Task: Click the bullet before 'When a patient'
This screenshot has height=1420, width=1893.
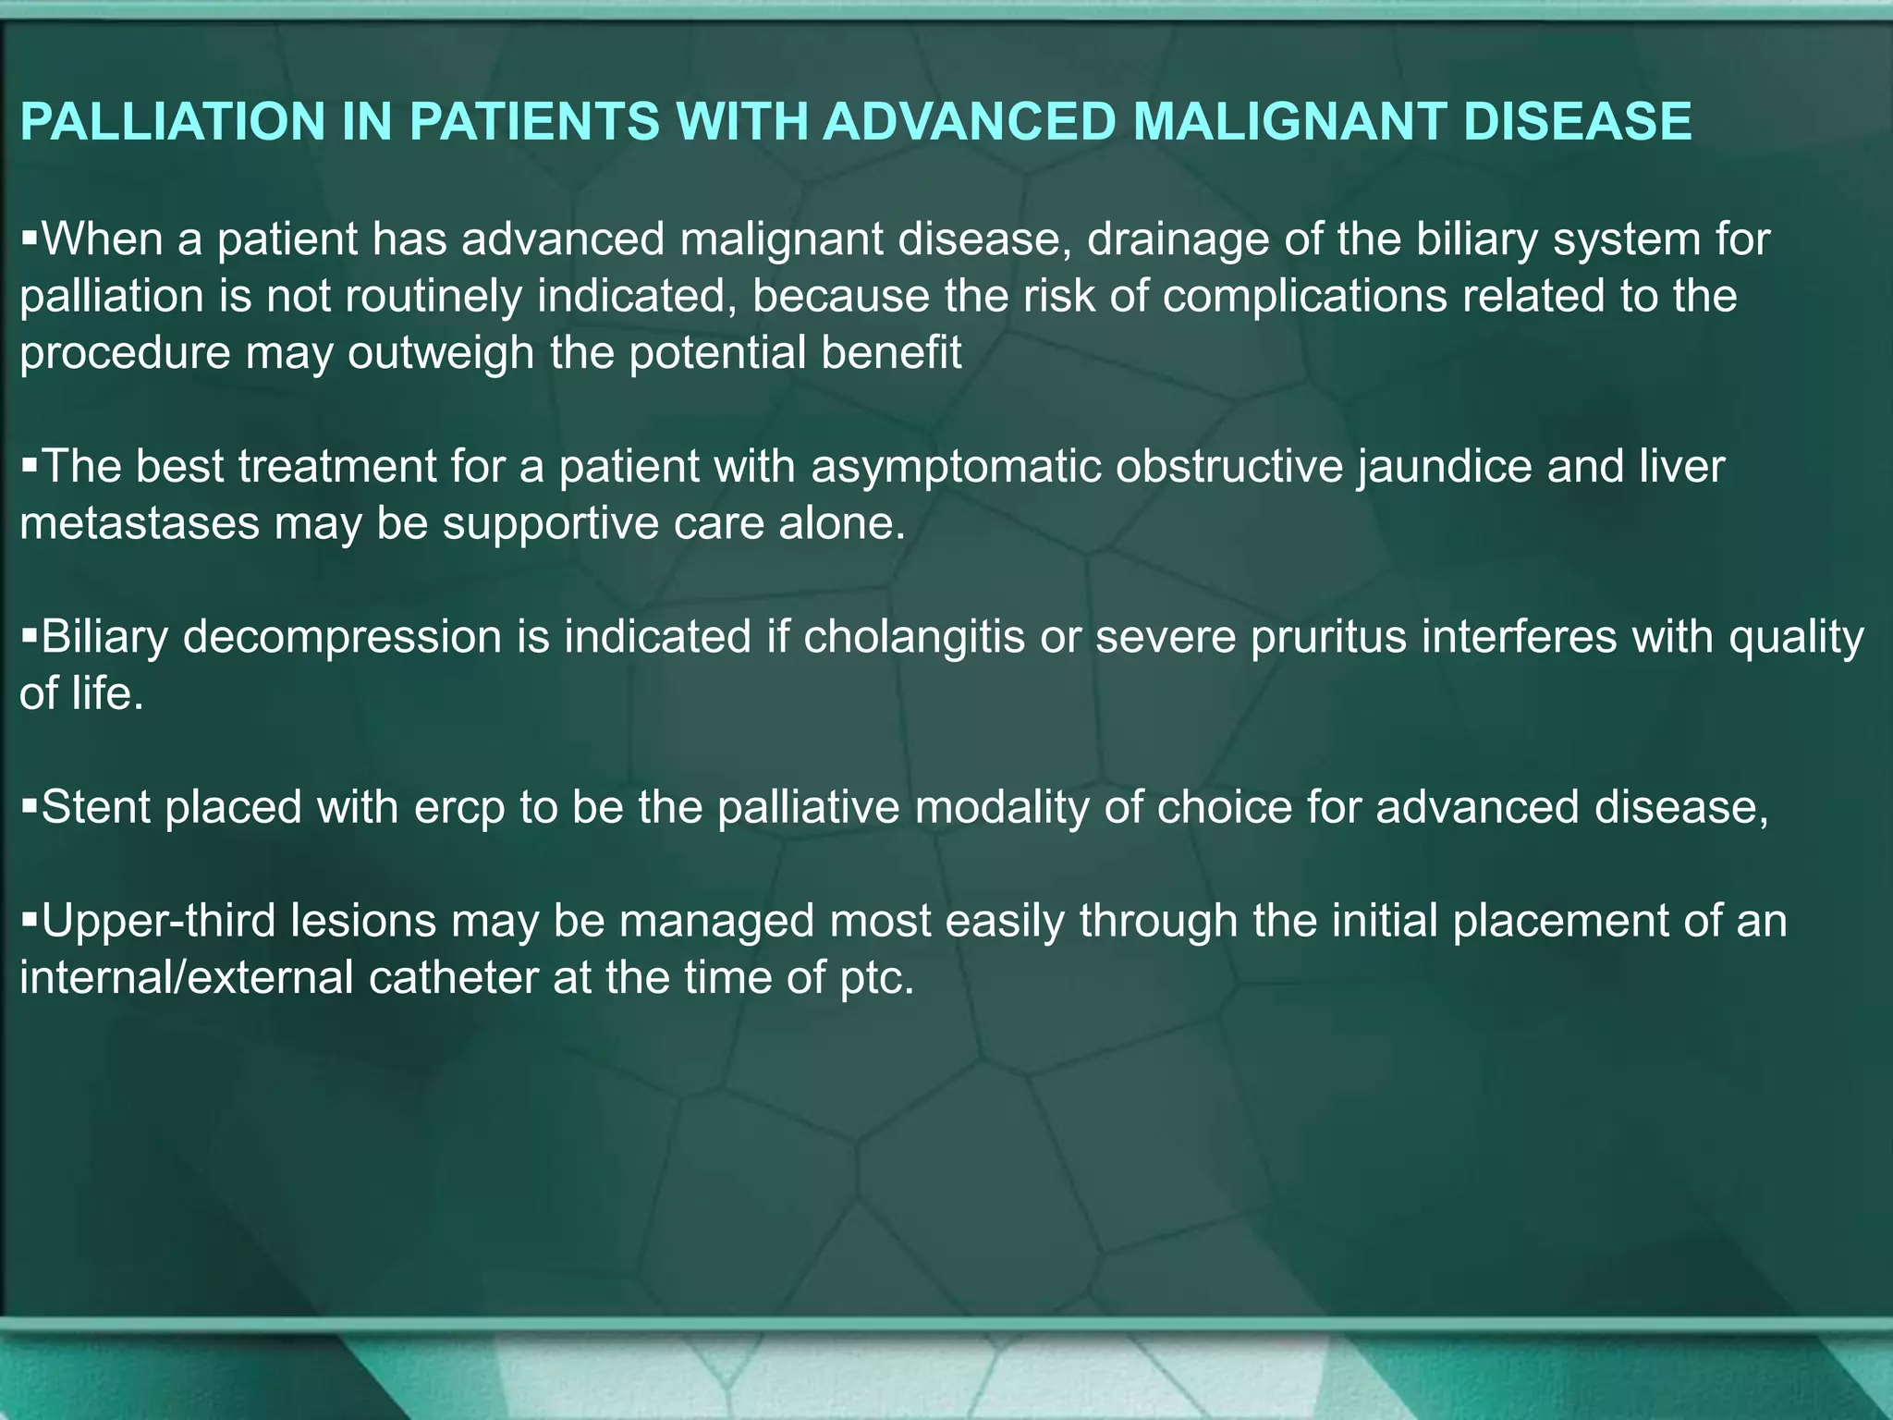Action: point(29,238)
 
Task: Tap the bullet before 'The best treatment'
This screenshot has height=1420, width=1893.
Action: point(29,464)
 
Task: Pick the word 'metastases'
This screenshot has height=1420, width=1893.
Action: point(140,524)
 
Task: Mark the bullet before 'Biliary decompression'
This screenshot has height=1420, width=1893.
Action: point(29,635)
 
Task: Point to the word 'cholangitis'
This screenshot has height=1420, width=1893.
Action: point(914,638)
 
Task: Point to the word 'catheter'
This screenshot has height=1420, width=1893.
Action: point(453,978)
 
